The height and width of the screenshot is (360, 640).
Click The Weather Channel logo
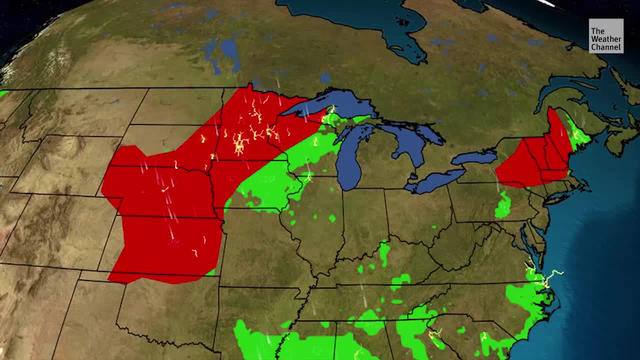606,36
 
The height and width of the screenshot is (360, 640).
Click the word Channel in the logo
606,47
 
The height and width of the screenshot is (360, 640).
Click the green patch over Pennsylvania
503,205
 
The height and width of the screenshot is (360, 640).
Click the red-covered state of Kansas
165,245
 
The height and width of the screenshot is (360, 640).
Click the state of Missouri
265,250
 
